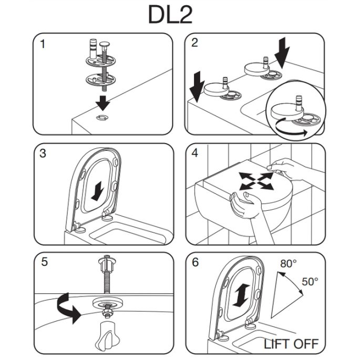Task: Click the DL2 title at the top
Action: [x=170, y=15]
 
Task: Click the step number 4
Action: [x=196, y=154]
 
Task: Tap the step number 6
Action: [x=196, y=263]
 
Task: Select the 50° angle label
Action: [x=309, y=281]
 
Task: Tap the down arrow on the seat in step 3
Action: [x=98, y=191]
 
